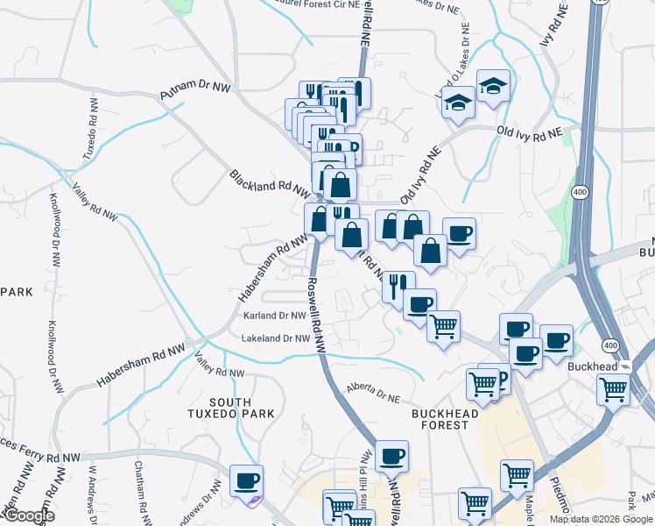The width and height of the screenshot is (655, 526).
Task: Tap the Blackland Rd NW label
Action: click(270, 182)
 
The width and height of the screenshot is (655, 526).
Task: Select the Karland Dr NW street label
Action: click(274, 316)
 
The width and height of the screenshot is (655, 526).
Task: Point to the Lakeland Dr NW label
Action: click(276, 338)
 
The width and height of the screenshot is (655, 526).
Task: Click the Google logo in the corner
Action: click(28, 516)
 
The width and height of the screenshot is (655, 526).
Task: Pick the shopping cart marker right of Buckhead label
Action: click(614, 387)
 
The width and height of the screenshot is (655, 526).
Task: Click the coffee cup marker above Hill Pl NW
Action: click(392, 455)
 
